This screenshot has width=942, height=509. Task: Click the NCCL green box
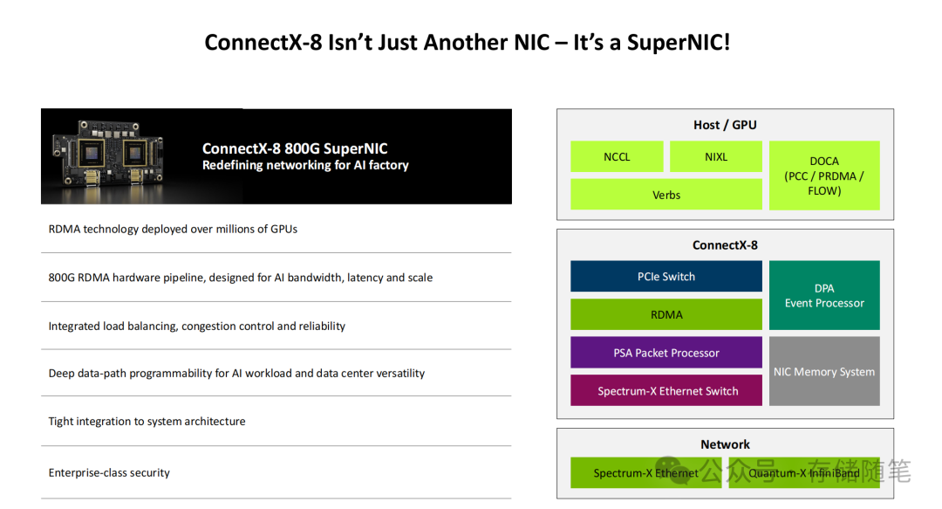pyautogui.click(x=617, y=157)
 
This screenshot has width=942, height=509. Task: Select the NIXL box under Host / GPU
pyautogui.click(x=715, y=157)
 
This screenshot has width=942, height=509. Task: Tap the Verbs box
pyautogui.click(x=666, y=195)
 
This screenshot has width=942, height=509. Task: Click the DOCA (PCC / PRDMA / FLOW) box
pyautogui.click(x=823, y=175)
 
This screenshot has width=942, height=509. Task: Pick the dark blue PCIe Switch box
pyautogui.click(x=666, y=277)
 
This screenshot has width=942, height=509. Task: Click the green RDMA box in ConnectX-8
pyautogui.click(x=666, y=315)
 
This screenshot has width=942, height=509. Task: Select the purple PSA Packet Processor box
pyautogui.click(x=666, y=353)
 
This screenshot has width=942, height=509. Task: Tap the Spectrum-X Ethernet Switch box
pyautogui.click(x=666, y=391)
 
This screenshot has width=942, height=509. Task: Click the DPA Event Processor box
pyautogui.click(x=823, y=296)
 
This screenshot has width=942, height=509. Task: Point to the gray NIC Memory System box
pyautogui.click(x=823, y=372)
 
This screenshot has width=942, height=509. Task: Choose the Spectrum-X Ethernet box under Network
pyautogui.click(x=645, y=473)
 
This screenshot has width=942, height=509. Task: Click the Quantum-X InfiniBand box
pyautogui.click(x=803, y=473)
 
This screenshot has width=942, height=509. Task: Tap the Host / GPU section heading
pyautogui.click(x=725, y=125)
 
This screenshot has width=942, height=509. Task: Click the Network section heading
pyautogui.click(x=725, y=444)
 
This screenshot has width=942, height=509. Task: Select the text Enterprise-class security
pyautogui.click(x=109, y=473)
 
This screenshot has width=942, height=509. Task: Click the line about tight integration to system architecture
pyautogui.click(x=147, y=422)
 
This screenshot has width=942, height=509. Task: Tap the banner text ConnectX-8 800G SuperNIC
pyautogui.click(x=295, y=148)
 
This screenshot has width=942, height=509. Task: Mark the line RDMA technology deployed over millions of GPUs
pyautogui.click(x=173, y=230)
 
